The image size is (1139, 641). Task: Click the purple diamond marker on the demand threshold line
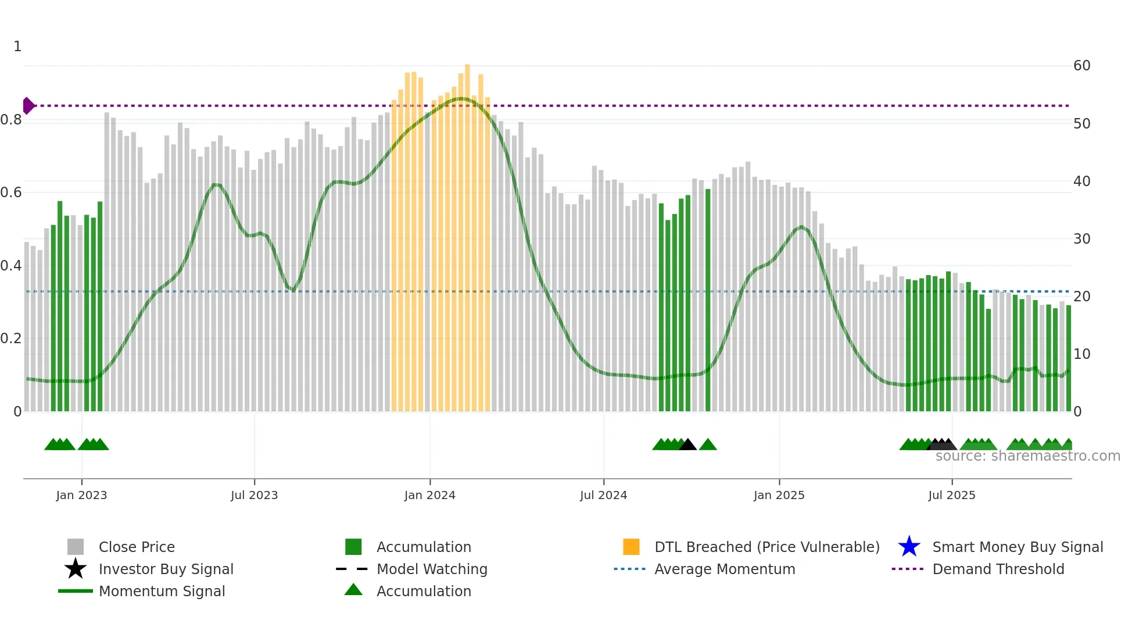coord(28,106)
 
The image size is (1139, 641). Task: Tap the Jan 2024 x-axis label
coord(429,495)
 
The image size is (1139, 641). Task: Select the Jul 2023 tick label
coord(254,495)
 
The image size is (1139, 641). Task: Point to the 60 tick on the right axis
coord(1081,66)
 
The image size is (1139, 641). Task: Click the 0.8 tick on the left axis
coord(11,120)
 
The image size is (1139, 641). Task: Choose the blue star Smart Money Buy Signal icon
coord(909,547)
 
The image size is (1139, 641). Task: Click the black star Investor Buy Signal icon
coord(76,569)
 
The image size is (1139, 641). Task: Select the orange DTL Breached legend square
coord(631,547)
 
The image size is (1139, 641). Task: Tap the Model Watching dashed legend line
coord(352,569)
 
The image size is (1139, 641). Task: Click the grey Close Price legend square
coord(76,547)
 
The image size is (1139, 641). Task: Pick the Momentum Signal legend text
coord(162,591)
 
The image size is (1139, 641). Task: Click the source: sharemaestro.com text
coord(1027,456)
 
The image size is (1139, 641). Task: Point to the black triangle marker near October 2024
coord(687,445)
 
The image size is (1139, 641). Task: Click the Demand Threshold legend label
coord(998,569)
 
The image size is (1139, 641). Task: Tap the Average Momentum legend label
coord(725,569)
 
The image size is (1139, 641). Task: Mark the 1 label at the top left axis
coord(17,47)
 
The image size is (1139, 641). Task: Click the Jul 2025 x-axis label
coord(951,495)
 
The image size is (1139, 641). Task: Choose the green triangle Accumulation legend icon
coord(353,590)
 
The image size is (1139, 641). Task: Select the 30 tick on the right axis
coord(1081,239)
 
